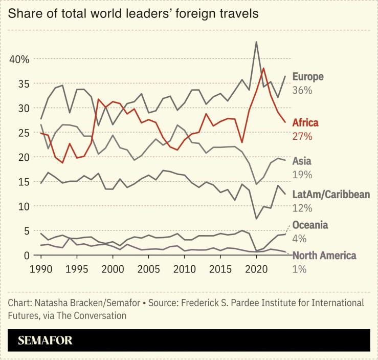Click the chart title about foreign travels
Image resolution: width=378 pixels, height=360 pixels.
[x=133, y=13]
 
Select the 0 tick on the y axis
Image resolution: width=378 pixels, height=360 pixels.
[x=27, y=255]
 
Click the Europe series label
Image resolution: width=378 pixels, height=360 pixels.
[x=308, y=77]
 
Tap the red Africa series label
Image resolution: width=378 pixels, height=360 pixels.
[x=305, y=123]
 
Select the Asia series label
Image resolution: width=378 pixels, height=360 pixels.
[x=302, y=161]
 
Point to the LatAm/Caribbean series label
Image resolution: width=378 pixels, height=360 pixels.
[x=331, y=195]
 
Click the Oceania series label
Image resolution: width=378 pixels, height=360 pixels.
[x=310, y=225]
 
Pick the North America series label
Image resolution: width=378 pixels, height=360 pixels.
[x=324, y=256]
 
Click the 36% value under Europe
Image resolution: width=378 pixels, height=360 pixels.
[x=302, y=90]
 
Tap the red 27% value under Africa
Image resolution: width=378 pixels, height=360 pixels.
[x=302, y=136]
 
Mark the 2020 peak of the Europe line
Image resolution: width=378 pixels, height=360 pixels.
[x=256, y=41]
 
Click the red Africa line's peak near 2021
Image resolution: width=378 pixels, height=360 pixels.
[x=263, y=68]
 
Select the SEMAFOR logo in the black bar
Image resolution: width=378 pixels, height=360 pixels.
[x=46, y=341]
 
